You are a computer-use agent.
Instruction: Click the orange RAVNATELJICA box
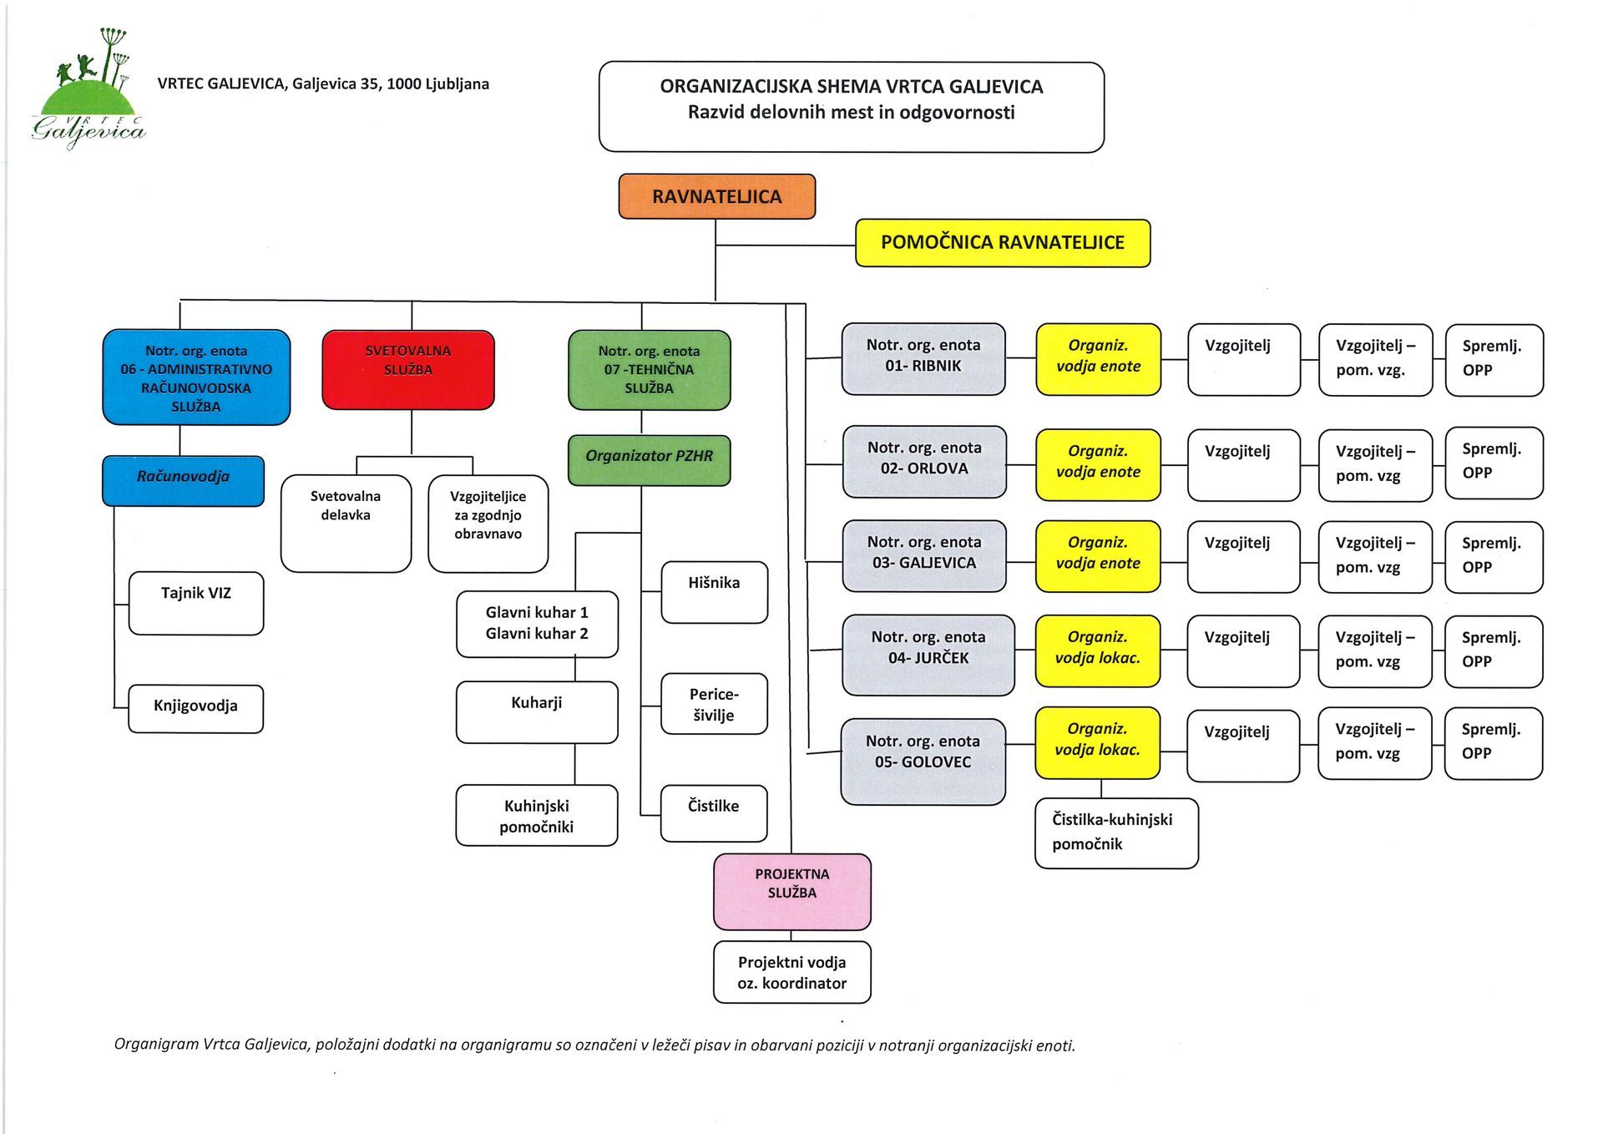pyautogui.click(x=717, y=196)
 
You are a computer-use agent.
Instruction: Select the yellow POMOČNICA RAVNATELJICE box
pyautogui.click(x=1003, y=243)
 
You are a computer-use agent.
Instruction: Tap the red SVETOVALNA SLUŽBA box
pyautogui.click(x=408, y=370)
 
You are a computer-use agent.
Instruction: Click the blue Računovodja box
pyautogui.click(x=184, y=481)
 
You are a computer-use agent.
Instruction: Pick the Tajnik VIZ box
pyautogui.click(x=196, y=603)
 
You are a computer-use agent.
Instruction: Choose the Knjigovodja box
pyautogui.click(x=195, y=709)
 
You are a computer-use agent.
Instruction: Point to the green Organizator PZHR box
pyautogui.click(x=650, y=460)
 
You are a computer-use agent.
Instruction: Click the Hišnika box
pyautogui.click(x=715, y=592)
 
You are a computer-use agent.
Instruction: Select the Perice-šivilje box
pyautogui.click(x=714, y=704)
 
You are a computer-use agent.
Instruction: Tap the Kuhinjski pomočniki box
pyautogui.click(x=537, y=815)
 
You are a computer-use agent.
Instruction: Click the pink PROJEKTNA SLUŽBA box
pyautogui.click(x=792, y=892)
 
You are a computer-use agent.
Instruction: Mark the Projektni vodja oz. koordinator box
pyautogui.click(x=792, y=972)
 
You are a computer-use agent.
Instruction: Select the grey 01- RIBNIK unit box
pyautogui.click(x=923, y=359)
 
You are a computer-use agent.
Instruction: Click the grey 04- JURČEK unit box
pyautogui.click(x=928, y=656)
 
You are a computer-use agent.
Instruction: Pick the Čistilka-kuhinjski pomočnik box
pyautogui.click(x=1117, y=833)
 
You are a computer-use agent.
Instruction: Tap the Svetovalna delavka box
pyautogui.click(x=346, y=524)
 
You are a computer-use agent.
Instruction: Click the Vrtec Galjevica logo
pyautogui.click(x=88, y=89)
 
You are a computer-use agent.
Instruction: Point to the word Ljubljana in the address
pyautogui.click(x=458, y=84)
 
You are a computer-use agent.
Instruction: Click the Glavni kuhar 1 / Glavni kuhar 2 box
pyautogui.click(x=538, y=624)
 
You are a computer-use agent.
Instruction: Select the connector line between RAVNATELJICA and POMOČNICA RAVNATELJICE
pyautogui.click(x=786, y=246)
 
